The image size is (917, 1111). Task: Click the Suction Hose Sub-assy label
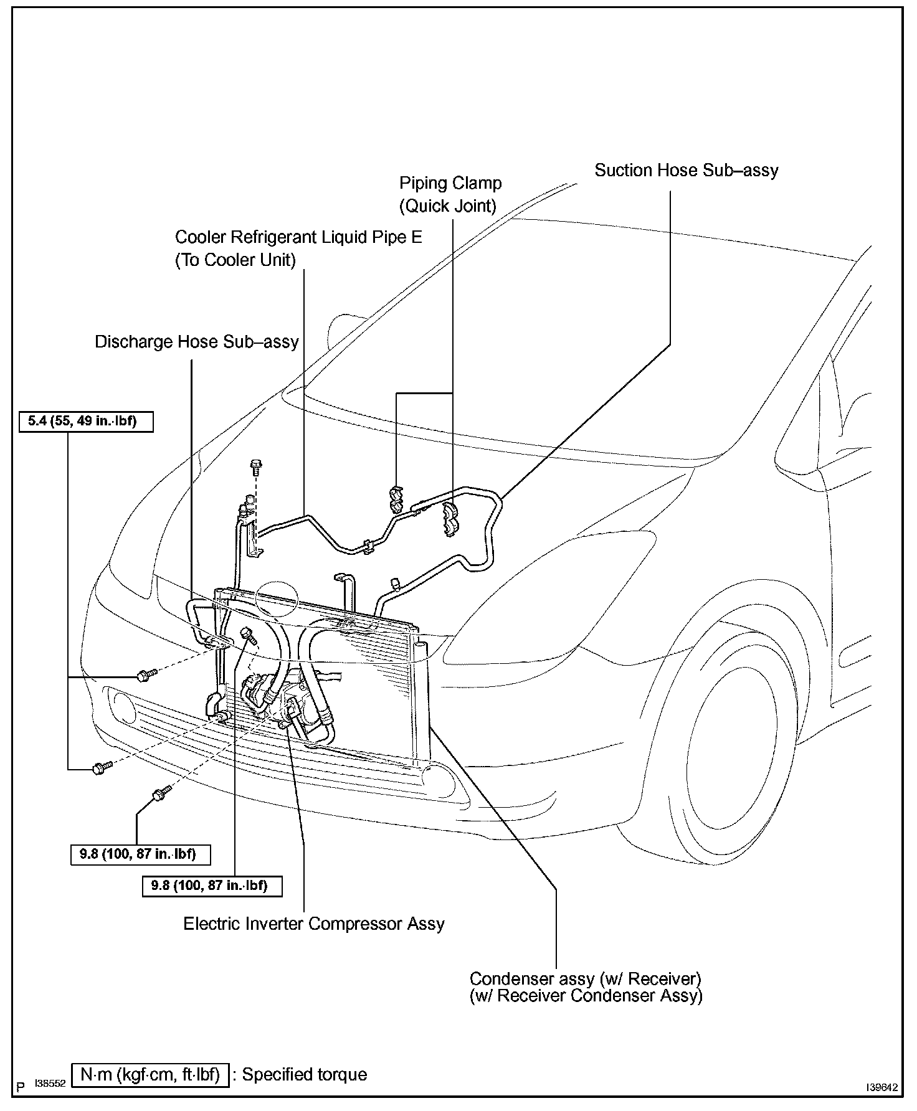(686, 171)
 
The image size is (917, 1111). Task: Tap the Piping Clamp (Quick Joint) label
(450, 194)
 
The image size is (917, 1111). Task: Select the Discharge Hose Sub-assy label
(196, 342)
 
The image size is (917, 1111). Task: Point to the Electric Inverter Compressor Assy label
(313, 923)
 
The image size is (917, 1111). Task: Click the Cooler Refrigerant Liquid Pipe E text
(298, 237)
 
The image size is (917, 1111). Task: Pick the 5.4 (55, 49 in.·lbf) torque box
(86, 422)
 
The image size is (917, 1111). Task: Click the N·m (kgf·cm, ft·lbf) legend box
(150, 1074)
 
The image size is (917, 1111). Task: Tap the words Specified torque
(305, 1074)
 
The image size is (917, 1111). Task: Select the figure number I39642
(880, 1087)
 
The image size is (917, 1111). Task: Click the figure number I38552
(50, 1084)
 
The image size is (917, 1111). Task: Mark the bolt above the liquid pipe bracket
(255, 466)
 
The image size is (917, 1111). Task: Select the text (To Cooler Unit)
(235, 260)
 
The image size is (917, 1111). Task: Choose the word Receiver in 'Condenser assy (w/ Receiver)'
(663, 978)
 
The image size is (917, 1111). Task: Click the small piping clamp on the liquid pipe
(395, 494)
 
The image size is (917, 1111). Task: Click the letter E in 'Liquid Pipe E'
(416, 237)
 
